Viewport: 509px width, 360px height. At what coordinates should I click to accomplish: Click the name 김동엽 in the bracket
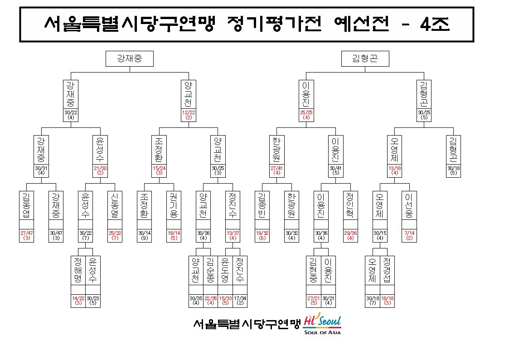(26, 205)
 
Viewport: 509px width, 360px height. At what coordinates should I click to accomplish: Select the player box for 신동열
(115, 217)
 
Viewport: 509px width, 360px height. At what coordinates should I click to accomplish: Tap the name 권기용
(174, 205)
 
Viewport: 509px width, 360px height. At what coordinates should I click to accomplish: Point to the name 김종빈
(262, 205)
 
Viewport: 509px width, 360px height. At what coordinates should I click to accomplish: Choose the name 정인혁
(350, 205)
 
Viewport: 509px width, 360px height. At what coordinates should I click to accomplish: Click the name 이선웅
(409, 205)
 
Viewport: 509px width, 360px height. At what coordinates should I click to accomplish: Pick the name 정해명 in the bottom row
(78, 270)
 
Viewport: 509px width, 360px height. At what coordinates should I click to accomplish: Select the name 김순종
(210, 270)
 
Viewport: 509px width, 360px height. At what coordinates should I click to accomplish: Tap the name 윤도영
(225, 270)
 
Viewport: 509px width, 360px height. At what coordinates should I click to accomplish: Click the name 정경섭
(387, 270)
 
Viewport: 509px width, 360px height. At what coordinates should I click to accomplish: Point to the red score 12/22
(189, 112)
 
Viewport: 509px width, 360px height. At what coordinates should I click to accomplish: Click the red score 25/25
(306, 112)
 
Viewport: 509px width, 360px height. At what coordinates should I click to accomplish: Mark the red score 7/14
(409, 233)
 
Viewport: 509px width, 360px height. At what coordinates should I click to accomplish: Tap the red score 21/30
(100, 168)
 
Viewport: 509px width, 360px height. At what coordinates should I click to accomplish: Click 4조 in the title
(435, 24)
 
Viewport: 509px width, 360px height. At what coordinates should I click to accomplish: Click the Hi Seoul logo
(322, 321)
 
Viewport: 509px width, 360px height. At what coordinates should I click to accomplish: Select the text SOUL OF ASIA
(322, 332)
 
